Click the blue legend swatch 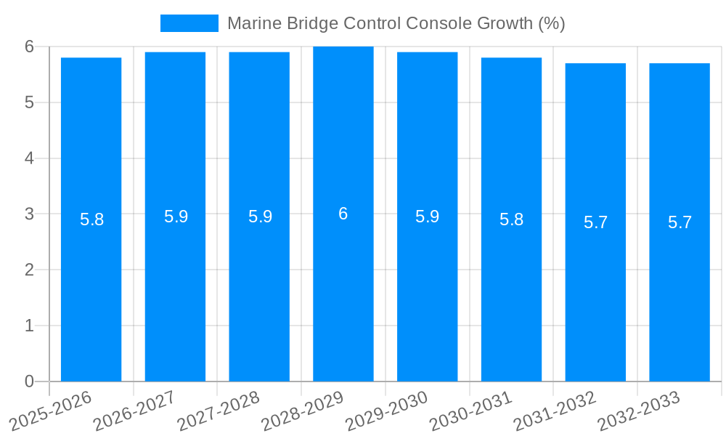189,23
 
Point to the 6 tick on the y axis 29,47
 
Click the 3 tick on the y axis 29,214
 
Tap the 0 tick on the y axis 29,381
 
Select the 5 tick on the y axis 29,102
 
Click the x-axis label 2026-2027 135,411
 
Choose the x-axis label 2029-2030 387,411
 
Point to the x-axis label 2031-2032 555,411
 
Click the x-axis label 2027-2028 219,411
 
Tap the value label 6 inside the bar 343,214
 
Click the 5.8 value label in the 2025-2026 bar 91,219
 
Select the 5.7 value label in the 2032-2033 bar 680,222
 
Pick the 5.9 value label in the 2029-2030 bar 428,217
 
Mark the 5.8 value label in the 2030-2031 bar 511,219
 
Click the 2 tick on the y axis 29,270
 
